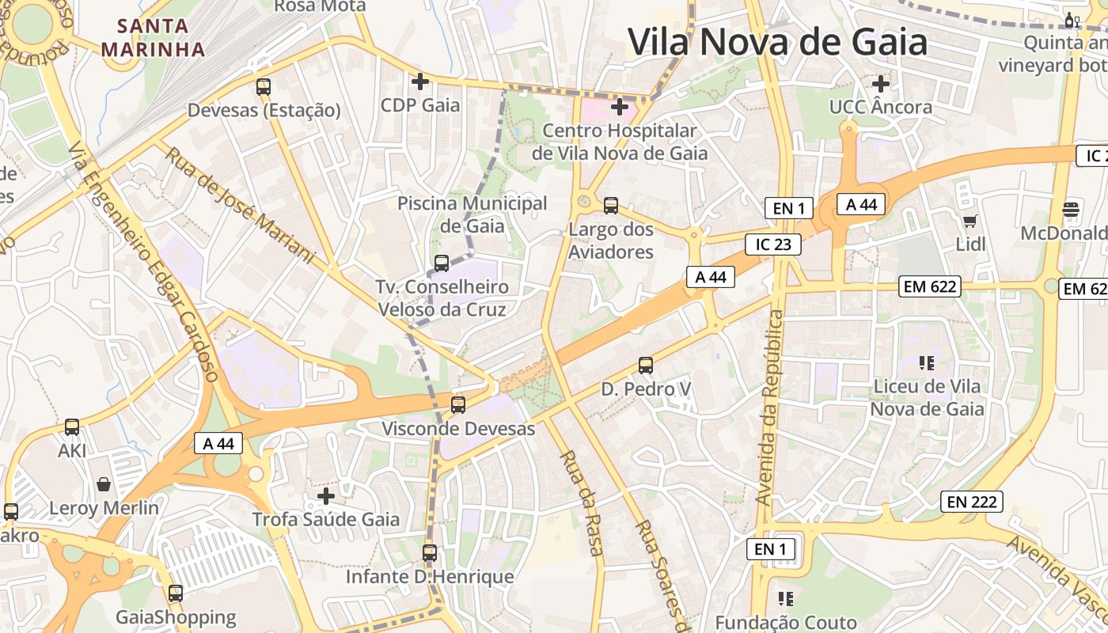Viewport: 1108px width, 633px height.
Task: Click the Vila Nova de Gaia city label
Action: tap(777, 41)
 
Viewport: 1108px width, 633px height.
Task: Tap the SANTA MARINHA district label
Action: tap(154, 37)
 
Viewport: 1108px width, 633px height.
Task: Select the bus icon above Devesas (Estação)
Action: tap(264, 87)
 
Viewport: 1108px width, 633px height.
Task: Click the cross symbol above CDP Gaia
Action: tap(420, 81)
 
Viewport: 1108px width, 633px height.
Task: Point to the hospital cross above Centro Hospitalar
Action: tap(620, 105)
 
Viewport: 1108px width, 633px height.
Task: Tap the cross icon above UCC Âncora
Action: tap(881, 82)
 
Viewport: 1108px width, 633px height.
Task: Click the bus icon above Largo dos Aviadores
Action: tap(611, 206)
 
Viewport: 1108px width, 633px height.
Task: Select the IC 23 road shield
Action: tap(773, 244)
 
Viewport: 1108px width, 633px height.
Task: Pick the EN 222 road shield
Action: tap(972, 501)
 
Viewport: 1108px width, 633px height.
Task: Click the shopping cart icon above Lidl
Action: tap(970, 221)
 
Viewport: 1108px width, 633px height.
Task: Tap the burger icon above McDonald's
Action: tap(1071, 210)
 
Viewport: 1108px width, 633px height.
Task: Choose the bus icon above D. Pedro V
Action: tap(646, 366)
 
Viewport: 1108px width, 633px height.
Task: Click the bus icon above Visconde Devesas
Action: tap(458, 405)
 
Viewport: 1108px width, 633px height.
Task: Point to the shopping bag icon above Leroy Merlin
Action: tap(104, 484)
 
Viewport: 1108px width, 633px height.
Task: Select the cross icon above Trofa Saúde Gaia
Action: tap(326, 496)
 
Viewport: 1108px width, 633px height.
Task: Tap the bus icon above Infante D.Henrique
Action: tap(430, 553)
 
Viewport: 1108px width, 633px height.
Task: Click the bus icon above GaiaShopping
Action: tap(176, 593)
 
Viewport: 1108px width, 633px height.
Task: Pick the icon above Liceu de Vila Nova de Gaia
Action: tap(927, 363)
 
